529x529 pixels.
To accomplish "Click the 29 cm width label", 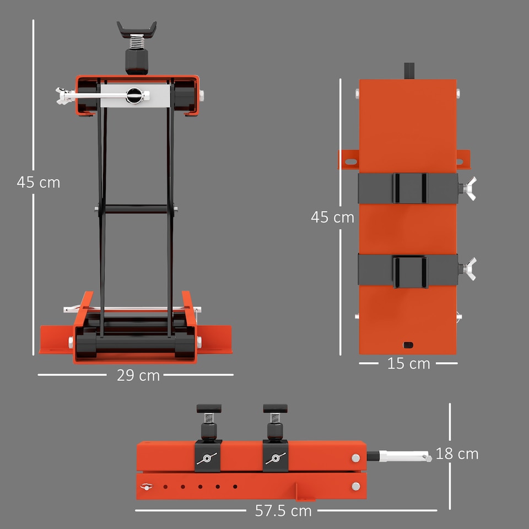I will (138, 375).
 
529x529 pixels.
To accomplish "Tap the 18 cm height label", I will (457, 454).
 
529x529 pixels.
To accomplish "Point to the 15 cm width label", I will (408, 364).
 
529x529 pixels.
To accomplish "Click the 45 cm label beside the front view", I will (38, 182).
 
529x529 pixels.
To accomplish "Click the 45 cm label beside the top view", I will (332, 217).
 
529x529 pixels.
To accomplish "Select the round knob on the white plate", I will (134, 95).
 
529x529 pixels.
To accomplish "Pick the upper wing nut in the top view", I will (469, 188).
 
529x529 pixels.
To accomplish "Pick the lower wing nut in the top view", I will (469, 268).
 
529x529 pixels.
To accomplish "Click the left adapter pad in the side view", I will (209, 409).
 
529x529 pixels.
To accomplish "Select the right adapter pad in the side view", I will (275, 409).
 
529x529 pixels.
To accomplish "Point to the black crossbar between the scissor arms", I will (136, 209).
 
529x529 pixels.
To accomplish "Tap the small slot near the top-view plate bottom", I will (408, 344).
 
